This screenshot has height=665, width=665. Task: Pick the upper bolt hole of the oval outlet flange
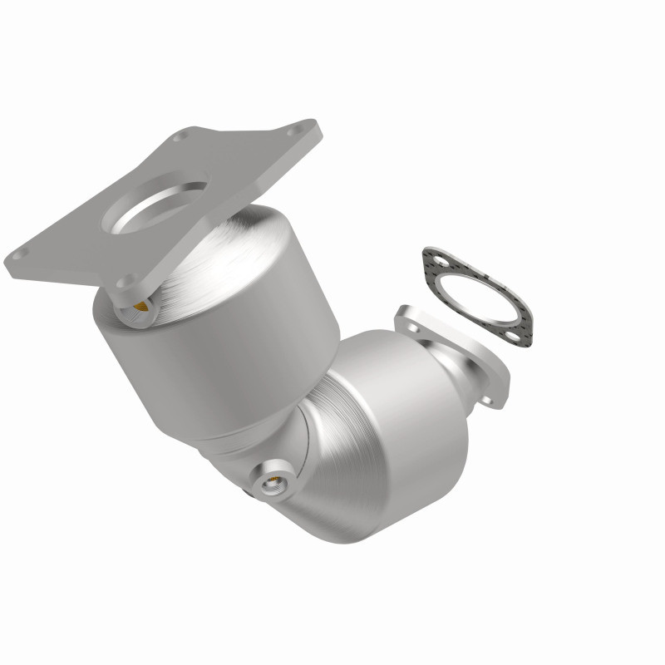click(404, 316)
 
